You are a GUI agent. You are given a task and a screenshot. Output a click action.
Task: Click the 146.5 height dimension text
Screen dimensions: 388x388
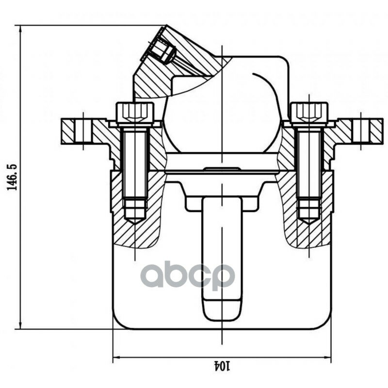pyautogui.click(x=12, y=177)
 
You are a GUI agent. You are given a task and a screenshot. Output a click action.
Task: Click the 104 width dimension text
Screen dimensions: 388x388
pyautogui.click(x=222, y=366)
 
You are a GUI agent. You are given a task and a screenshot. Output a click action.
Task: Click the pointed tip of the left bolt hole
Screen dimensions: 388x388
pyautogui.click(x=135, y=224)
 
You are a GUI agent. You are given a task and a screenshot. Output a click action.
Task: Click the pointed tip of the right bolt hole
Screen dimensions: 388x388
pyautogui.click(x=309, y=224)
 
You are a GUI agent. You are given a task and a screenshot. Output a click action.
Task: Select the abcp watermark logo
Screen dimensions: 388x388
pyautogui.click(x=188, y=275)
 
